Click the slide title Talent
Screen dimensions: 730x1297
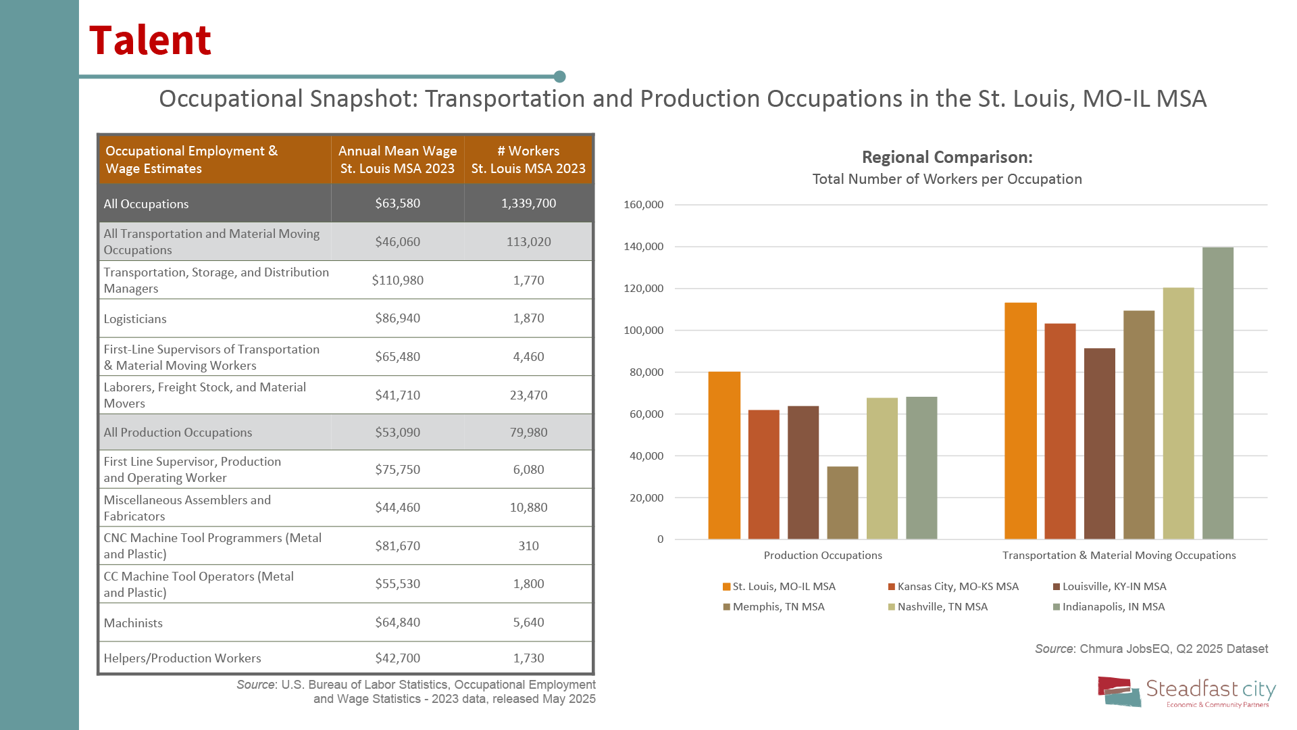[150, 40]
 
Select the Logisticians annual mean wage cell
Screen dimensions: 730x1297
[397, 318]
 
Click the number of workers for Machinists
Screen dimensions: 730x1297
[528, 623]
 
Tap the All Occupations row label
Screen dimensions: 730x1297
[146, 204]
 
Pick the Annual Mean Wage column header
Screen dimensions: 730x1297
[397, 160]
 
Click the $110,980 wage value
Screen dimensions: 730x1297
[397, 281]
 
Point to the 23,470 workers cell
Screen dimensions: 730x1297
[528, 395]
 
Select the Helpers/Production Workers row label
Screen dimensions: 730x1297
[182, 658]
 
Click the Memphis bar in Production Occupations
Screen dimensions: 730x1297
[842, 503]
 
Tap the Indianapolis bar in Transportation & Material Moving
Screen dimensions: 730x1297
[1217, 393]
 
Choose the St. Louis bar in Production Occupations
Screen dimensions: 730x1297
[724, 456]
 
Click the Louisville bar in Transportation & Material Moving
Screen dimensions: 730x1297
[1099, 444]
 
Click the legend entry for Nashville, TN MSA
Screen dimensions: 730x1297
[942, 607]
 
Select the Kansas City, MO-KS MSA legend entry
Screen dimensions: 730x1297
[957, 587]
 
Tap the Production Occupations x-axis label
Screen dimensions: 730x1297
[822, 556]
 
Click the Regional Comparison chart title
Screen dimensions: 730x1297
[946, 157]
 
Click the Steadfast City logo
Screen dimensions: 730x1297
[1186, 692]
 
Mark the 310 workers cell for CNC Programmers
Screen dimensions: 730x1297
[528, 546]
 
